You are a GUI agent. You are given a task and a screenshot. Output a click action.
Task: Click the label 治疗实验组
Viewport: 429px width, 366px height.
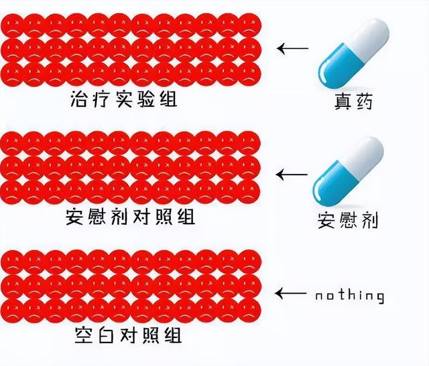click(x=128, y=100)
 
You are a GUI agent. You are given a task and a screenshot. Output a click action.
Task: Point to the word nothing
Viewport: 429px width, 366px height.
click(x=350, y=295)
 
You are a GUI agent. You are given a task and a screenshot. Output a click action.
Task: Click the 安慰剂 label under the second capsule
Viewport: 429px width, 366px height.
click(x=348, y=219)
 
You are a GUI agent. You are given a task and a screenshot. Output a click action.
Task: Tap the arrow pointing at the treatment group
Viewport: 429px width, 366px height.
click(x=293, y=48)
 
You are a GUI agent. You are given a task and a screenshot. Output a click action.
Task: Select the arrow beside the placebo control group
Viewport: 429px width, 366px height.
click(x=292, y=175)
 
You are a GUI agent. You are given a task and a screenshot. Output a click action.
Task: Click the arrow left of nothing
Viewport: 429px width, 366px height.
click(x=292, y=293)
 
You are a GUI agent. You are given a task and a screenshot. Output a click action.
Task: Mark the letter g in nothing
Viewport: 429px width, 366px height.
click(x=379, y=296)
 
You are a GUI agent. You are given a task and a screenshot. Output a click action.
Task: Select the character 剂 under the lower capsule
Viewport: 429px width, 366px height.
click(x=369, y=219)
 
